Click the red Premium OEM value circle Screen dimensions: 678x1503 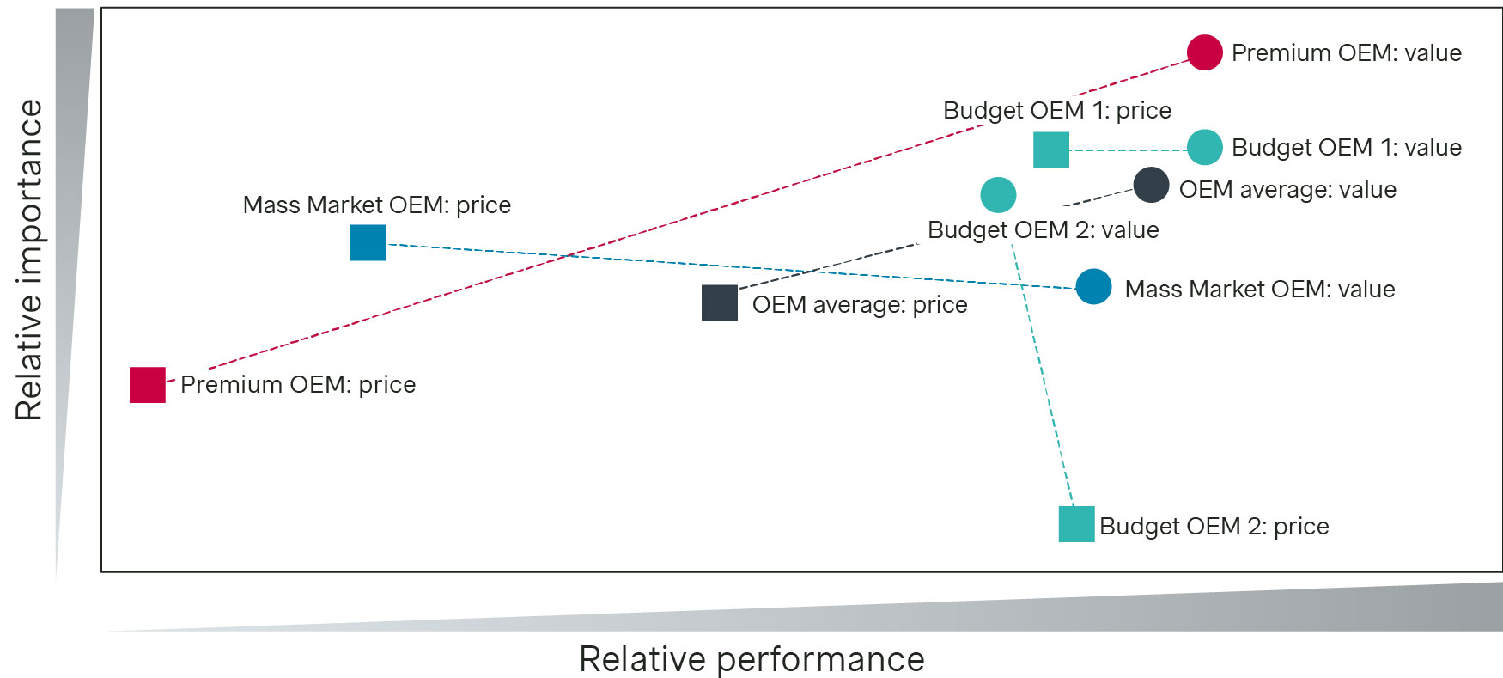[1204, 52]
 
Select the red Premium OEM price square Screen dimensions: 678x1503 [148, 385]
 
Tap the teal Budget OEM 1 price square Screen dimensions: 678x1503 [1051, 150]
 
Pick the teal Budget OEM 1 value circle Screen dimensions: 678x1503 [1204, 148]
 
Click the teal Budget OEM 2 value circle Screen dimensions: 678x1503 [998, 195]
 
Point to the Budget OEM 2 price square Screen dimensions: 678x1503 [1076, 524]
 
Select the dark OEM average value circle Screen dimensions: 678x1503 [1151, 185]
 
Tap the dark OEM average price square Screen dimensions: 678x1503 [720, 303]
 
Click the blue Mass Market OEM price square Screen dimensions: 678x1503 [368, 242]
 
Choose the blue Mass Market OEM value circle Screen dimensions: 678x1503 [1093, 287]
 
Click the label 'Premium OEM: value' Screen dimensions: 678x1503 [1346, 53]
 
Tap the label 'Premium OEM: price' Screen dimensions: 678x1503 [298, 385]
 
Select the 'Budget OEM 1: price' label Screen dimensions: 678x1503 [1056, 111]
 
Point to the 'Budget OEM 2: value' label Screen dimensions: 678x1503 [1043, 230]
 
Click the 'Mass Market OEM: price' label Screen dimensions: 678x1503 [377, 205]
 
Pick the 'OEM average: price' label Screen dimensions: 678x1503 [860, 305]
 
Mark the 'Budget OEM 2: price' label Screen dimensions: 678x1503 [1214, 527]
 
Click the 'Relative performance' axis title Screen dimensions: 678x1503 [751, 659]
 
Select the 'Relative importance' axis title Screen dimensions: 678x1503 [29, 260]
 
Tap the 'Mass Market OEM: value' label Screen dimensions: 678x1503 [1259, 290]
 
